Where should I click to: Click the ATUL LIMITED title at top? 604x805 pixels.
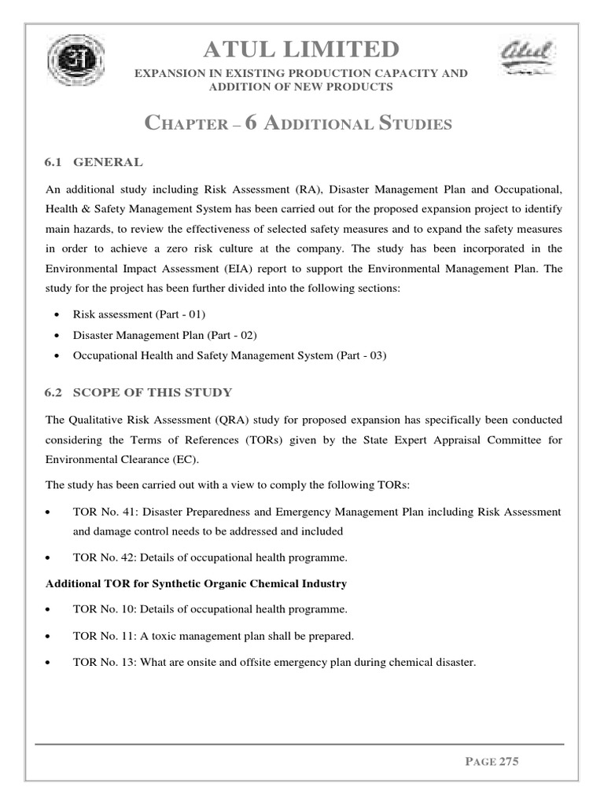click(x=301, y=50)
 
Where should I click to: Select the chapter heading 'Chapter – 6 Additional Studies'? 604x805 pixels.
click(x=299, y=123)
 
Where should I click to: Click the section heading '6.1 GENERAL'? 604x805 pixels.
click(x=94, y=163)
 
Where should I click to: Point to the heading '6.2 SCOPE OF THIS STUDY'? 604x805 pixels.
click(x=138, y=392)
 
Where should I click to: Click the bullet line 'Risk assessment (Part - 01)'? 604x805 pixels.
click(x=138, y=314)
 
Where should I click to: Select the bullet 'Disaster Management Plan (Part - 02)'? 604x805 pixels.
click(x=164, y=335)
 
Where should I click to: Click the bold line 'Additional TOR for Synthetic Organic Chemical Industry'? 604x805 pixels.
click(x=196, y=583)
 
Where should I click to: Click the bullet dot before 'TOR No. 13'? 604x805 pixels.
click(x=50, y=663)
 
